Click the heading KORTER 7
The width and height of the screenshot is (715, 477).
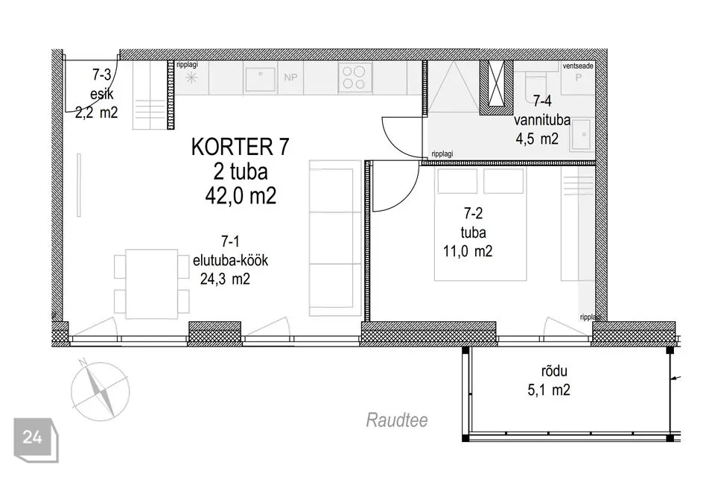[x=240, y=146]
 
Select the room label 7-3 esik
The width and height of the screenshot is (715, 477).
[x=101, y=94]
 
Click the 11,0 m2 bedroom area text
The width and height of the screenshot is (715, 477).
[x=468, y=251]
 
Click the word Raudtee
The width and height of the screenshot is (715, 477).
[x=397, y=420]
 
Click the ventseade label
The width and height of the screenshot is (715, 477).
[x=578, y=66]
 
